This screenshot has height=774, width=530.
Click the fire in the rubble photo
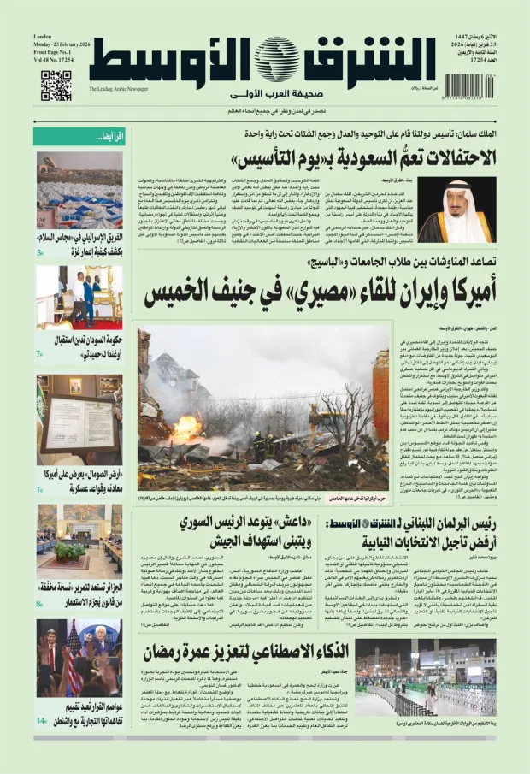[187, 428]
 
